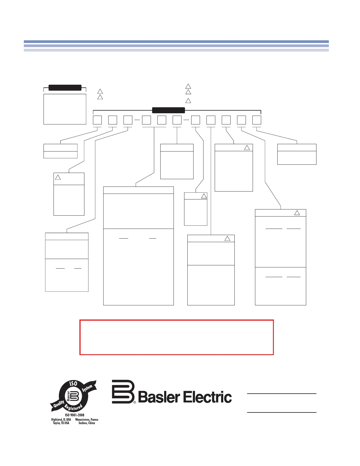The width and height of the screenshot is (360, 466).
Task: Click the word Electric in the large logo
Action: tap(208, 397)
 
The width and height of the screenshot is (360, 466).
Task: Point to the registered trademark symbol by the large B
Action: tap(135, 402)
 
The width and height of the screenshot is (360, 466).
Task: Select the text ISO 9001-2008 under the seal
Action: tap(74, 415)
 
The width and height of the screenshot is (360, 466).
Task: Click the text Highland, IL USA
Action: tap(61, 420)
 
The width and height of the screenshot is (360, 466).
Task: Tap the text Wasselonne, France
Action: tap(87, 420)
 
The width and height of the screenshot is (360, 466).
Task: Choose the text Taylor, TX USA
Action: tap(61, 423)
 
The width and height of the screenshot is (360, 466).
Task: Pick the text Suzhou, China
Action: tap(87, 423)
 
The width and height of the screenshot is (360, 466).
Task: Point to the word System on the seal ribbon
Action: tap(87, 388)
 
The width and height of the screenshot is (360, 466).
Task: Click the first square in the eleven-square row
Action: tap(97, 120)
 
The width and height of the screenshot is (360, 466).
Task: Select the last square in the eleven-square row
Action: tap(257, 120)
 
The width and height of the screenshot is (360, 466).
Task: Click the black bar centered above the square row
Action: tap(168, 110)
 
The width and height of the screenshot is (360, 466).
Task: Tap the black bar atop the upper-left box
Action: tap(65, 87)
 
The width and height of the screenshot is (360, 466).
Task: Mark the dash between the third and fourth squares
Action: tap(137, 120)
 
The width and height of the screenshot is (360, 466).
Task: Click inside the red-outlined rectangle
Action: tap(176, 337)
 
